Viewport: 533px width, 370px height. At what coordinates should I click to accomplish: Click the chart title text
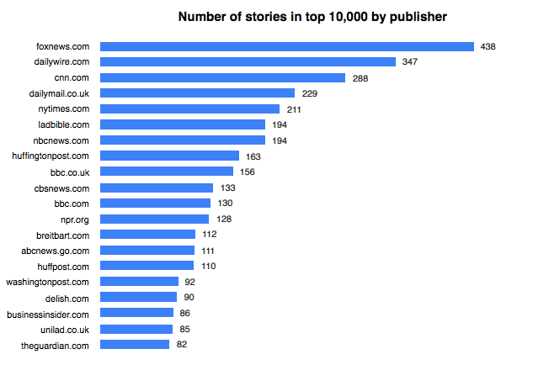(x=312, y=17)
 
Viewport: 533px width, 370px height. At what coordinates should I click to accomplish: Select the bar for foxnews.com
(x=286, y=46)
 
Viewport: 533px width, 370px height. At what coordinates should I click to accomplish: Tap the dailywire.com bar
(x=248, y=62)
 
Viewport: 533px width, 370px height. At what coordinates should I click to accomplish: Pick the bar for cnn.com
(x=222, y=77)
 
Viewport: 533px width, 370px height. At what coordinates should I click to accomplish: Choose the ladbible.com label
(x=67, y=124)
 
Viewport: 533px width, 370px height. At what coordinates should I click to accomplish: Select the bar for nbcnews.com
(x=182, y=140)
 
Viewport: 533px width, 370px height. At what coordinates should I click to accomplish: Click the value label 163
(x=253, y=156)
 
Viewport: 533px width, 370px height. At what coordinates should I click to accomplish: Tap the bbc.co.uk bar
(x=167, y=172)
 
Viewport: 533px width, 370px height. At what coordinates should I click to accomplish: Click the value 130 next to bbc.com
(x=225, y=203)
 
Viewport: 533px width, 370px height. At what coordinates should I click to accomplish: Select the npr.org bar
(x=155, y=219)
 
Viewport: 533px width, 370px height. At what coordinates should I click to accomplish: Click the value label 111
(x=209, y=251)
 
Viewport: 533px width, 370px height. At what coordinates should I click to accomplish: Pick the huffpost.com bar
(x=147, y=266)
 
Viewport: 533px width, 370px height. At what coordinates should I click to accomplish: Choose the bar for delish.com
(x=139, y=297)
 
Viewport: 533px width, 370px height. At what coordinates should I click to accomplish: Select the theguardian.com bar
(x=135, y=345)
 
